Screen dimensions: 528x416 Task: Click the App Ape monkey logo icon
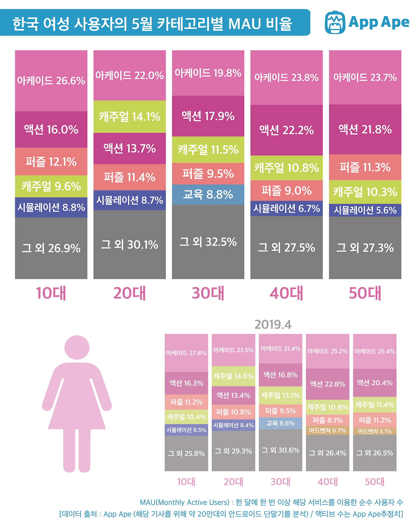point(335,22)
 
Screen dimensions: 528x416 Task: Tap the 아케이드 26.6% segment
point(51,80)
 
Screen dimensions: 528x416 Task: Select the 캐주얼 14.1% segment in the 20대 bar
point(130,116)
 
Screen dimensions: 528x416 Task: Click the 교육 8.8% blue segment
point(208,195)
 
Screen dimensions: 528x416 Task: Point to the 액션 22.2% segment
point(286,130)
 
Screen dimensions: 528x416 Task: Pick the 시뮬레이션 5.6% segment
point(365,210)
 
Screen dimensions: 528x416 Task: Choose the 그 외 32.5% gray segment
point(208,242)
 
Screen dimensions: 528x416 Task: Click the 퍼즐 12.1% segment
point(51,162)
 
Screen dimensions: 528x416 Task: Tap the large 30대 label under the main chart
point(208,293)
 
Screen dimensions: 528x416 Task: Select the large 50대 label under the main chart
point(365,293)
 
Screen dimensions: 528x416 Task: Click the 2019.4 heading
point(273,325)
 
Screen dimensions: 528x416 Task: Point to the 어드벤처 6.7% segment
point(327,430)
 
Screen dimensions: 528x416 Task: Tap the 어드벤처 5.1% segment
point(374,431)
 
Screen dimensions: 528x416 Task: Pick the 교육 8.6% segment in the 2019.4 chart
point(280,423)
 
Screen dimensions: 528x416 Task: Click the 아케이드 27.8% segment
point(186,353)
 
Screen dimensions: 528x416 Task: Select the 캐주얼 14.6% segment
point(233,376)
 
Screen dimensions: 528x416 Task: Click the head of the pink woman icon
point(77,347)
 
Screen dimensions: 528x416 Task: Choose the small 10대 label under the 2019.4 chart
point(186,482)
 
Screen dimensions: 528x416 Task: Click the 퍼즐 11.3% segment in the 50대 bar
point(365,167)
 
